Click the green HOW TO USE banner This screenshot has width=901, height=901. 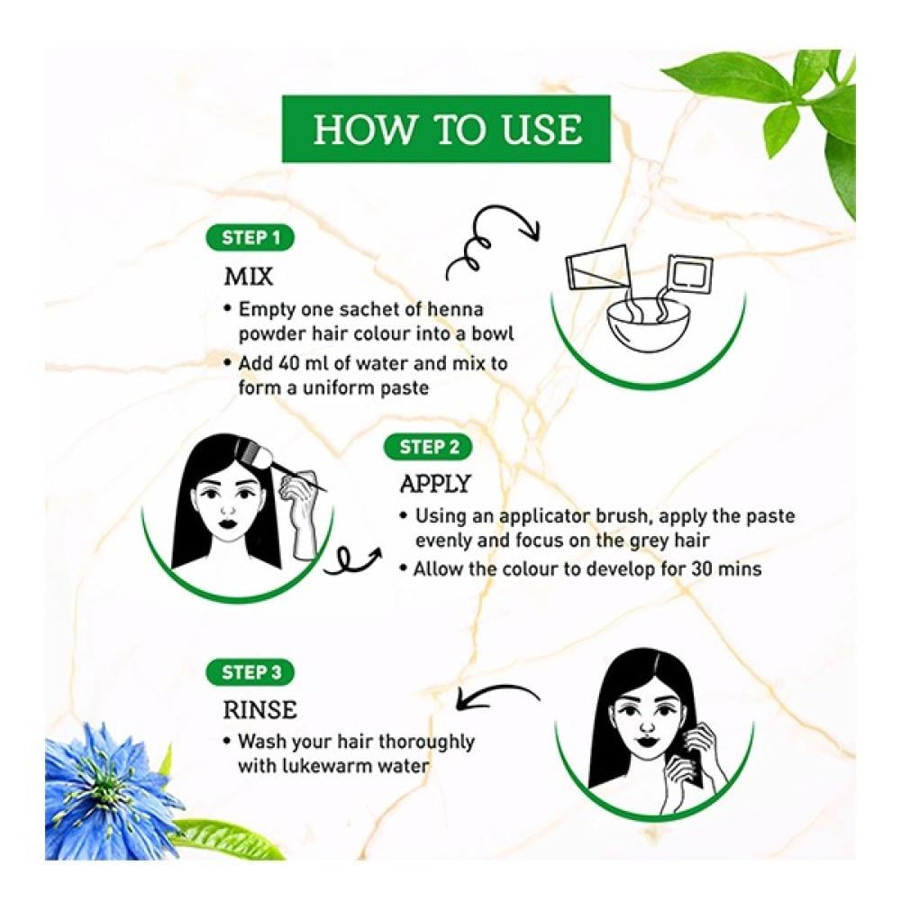pos(446,129)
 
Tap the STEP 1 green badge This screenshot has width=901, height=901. pos(250,238)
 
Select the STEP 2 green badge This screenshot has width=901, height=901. pos(428,447)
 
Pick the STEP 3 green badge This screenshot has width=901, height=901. pos(250,672)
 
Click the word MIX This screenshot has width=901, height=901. pos(249,277)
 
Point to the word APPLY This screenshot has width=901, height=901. pos(435,484)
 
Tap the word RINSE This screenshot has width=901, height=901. pos(259,710)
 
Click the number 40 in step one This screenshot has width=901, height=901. pos(292,363)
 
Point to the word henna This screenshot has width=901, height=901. pos(456,309)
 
